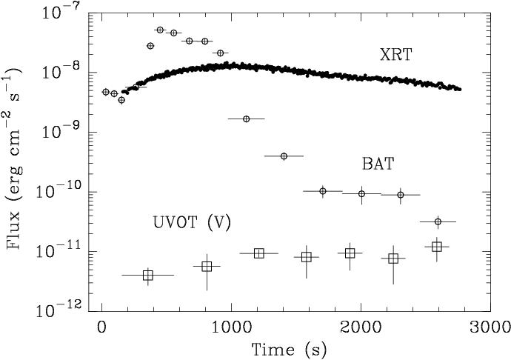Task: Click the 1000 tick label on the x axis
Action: coord(231,327)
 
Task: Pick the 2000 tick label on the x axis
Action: coord(361,327)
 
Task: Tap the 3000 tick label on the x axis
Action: coord(490,327)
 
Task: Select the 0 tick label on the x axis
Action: coord(102,327)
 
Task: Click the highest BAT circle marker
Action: coord(160,30)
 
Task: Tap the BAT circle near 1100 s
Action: coord(246,119)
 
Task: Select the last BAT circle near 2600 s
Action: coord(438,221)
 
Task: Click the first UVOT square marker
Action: coord(147,276)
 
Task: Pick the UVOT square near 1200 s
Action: coord(258,253)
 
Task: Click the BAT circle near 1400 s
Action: coord(284,156)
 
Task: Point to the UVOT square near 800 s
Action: coord(207,266)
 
